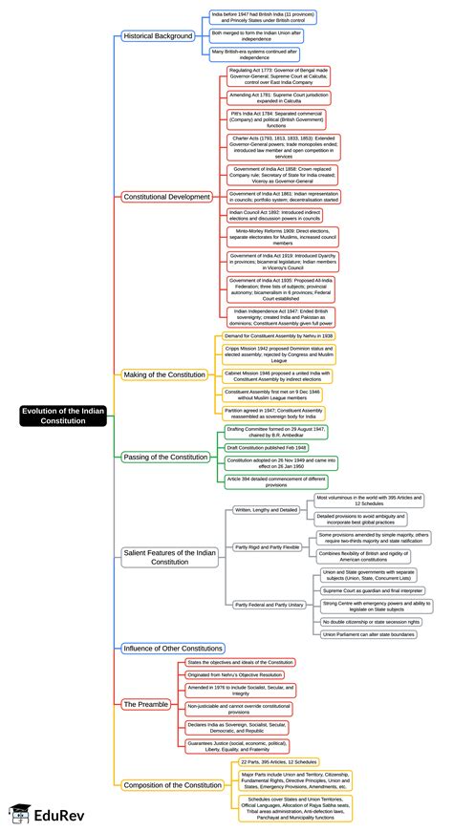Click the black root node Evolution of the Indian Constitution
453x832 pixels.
coord(64,416)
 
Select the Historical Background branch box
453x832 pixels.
coord(159,36)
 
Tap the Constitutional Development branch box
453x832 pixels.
coord(166,197)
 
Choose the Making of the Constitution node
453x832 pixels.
coord(163,374)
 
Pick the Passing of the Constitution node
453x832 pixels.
coord(165,458)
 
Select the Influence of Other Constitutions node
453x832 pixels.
coord(173,648)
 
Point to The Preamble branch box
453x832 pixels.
coord(145,704)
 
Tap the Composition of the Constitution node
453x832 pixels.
coord(173,785)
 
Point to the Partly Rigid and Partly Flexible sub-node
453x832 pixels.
coord(267,547)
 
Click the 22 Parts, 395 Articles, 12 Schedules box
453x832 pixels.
coord(277,761)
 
